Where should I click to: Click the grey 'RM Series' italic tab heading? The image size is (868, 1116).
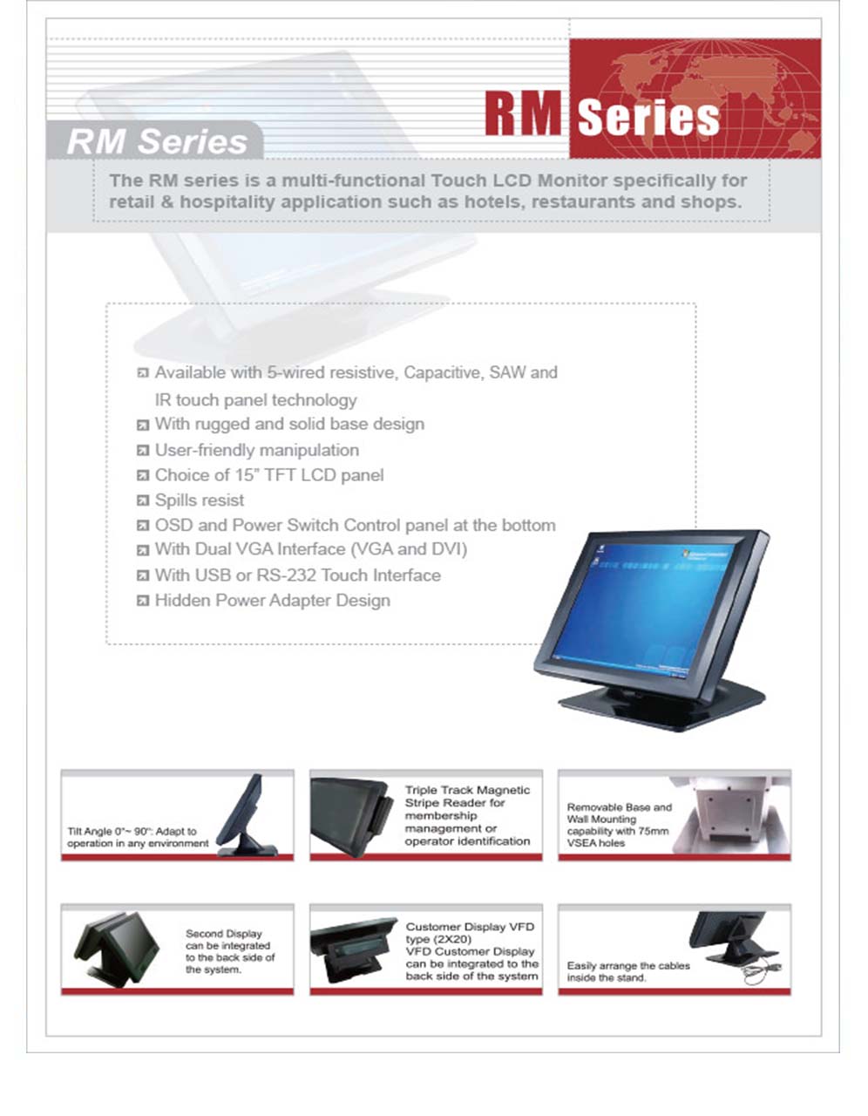157,142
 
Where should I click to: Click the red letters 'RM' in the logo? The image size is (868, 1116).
524,113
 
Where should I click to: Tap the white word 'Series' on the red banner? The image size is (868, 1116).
648,118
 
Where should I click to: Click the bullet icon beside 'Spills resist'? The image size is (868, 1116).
143,500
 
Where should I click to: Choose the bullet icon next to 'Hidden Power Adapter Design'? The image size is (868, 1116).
143,601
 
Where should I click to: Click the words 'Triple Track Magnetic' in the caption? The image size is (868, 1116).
467,790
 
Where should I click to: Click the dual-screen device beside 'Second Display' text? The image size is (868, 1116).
116,949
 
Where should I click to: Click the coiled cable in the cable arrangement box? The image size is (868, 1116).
763,973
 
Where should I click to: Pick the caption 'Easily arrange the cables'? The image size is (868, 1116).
628,965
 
